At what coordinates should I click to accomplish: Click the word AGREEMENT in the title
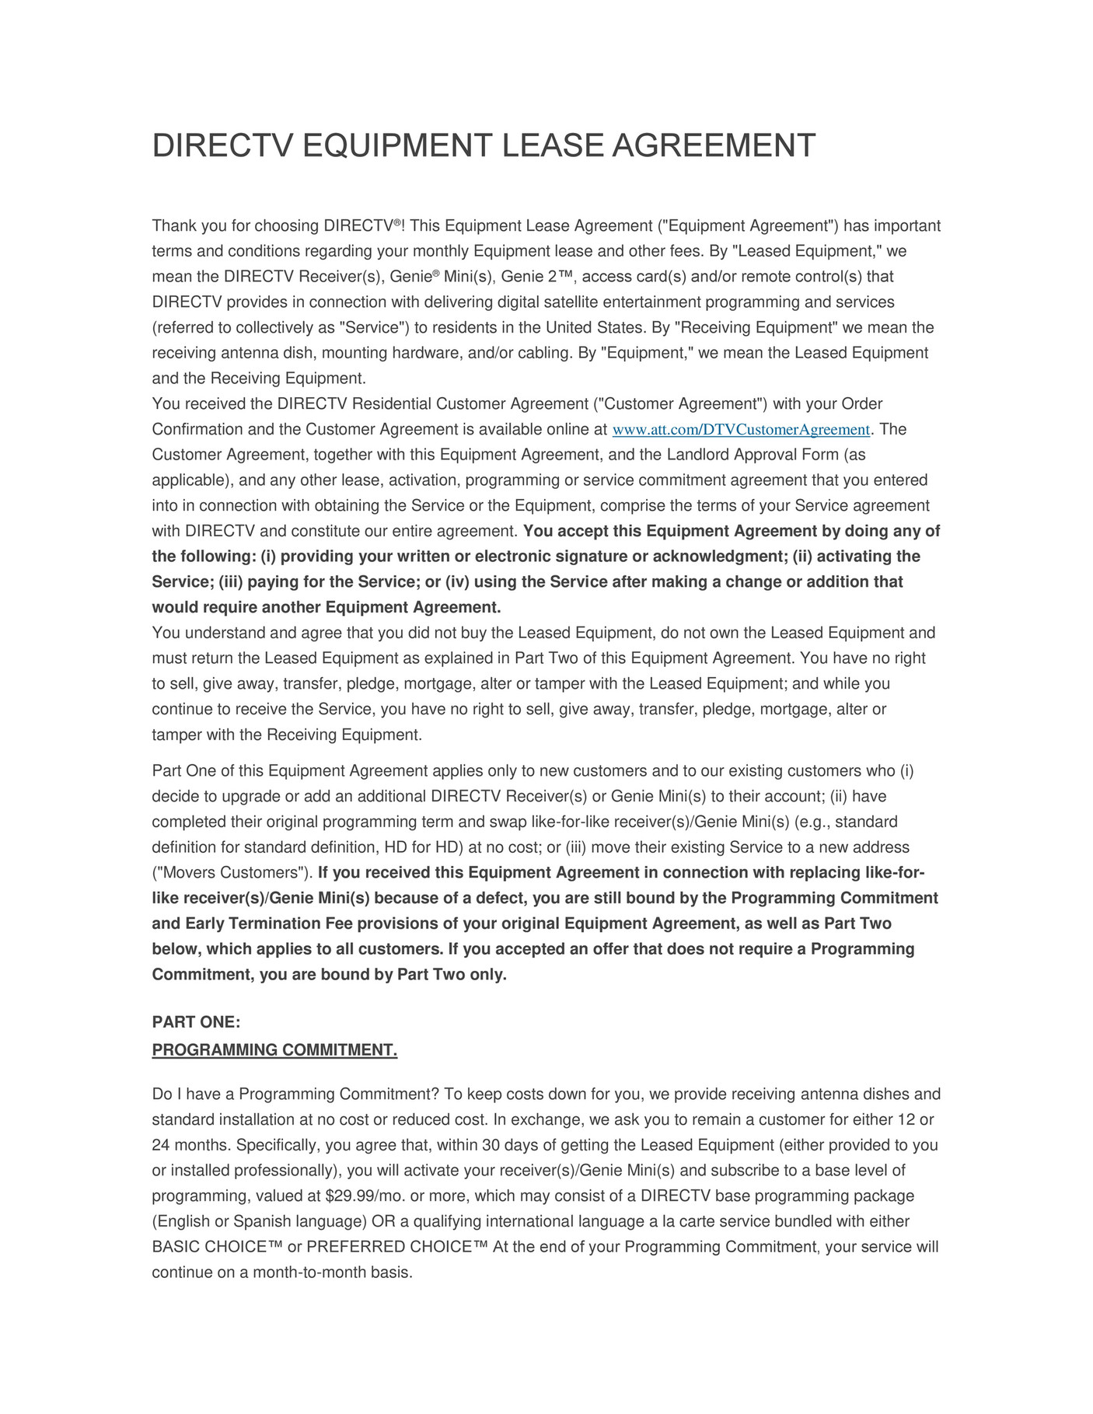tap(714, 146)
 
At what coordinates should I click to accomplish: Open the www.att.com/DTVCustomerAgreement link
tap(741, 430)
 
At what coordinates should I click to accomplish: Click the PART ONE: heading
tap(196, 1022)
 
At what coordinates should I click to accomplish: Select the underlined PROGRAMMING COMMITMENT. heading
tap(274, 1050)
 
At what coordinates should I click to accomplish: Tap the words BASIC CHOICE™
tap(217, 1247)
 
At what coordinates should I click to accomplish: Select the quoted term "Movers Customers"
tap(231, 872)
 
